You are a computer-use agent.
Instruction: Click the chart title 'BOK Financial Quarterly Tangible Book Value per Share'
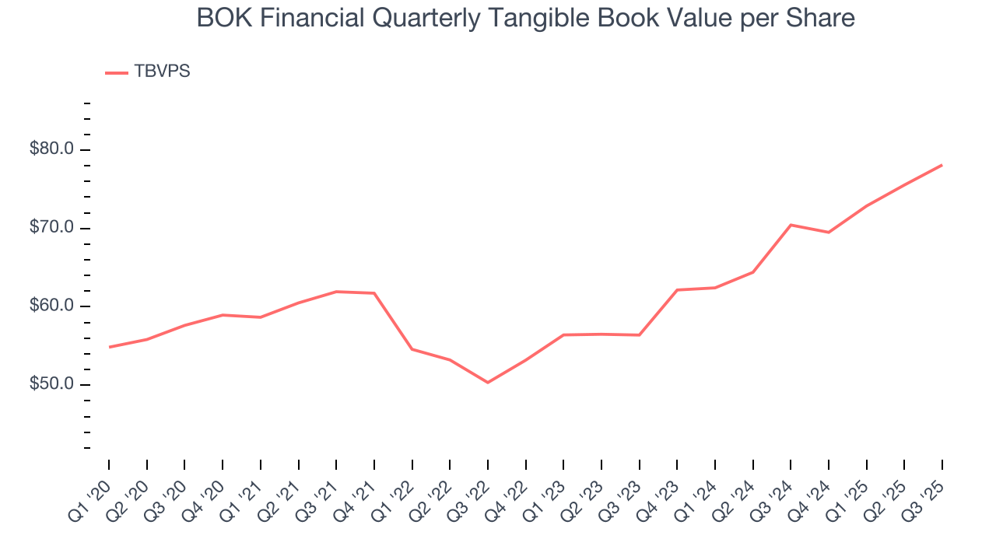click(525, 18)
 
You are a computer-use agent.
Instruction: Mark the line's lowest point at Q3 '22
click(488, 383)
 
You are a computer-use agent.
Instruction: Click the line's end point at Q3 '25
click(942, 165)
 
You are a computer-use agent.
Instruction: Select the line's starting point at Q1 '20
click(109, 347)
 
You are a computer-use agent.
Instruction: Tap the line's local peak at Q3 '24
click(791, 225)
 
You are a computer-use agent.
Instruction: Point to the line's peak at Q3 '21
click(336, 292)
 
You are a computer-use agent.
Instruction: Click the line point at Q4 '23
click(677, 290)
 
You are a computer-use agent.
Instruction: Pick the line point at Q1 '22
click(412, 349)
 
